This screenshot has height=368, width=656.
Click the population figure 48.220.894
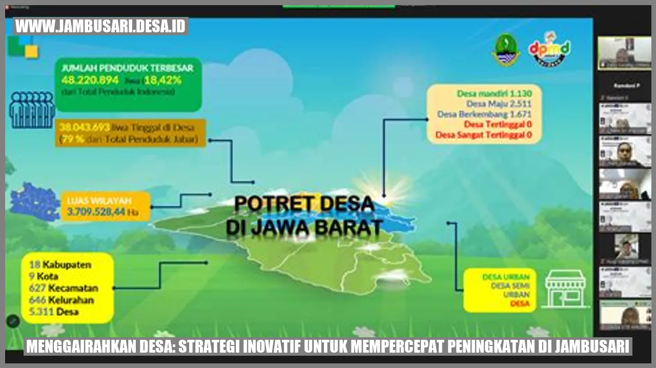[90, 80]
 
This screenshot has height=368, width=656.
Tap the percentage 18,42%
[162, 80]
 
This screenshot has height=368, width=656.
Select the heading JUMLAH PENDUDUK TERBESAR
[127, 68]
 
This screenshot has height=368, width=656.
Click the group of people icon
[32, 110]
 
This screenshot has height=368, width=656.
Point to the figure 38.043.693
[85, 127]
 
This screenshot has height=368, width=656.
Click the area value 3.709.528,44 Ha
[102, 211]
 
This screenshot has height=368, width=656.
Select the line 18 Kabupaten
[60, 265]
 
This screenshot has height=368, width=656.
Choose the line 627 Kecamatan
[64, 288]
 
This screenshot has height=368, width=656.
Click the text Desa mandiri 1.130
[494, 93]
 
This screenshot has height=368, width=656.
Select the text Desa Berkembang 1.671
[484, 114]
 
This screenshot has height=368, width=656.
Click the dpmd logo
[549, 49]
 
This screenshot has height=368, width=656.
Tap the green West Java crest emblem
[506, 50]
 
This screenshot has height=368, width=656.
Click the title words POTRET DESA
[304, 204]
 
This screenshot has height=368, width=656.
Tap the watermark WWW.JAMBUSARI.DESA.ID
[101, 26]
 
